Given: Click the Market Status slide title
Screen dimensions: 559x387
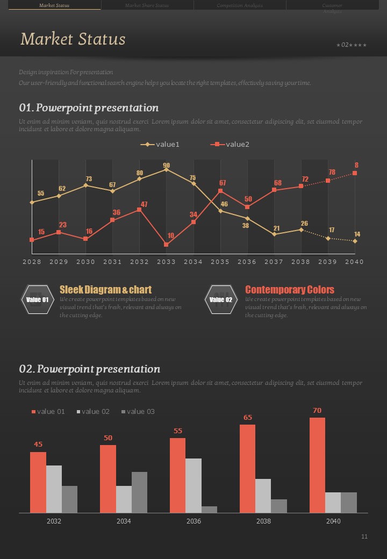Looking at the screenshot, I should (73, 39).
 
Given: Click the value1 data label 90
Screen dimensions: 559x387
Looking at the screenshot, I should (166, 165).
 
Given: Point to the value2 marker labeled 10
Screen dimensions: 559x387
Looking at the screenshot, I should (166, 245).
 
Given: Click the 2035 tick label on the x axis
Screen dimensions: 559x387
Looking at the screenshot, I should (220, 262).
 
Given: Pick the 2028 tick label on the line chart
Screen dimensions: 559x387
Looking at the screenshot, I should (32, 262).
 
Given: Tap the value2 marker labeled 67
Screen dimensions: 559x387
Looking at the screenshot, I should (220, 191).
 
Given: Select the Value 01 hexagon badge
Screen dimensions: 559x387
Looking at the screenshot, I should (37, 299).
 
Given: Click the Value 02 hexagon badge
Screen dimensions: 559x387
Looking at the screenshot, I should (221, 299).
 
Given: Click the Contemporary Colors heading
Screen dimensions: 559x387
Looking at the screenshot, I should (289, 290).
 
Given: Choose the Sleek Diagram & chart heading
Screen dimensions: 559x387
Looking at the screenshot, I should (105, 290).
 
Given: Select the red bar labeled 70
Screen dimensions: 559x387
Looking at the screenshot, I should (317, 465).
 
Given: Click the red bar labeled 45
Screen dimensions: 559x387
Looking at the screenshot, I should (38, 482).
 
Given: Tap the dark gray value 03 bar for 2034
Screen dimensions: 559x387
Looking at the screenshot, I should (139, 492).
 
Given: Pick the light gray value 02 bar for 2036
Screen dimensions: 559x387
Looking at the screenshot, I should (193, 485).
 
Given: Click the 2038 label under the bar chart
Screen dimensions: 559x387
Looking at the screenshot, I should (263, 521).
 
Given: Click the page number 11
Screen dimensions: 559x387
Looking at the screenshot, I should (364, 536).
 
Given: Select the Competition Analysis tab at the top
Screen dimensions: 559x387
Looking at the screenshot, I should (240, 5).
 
